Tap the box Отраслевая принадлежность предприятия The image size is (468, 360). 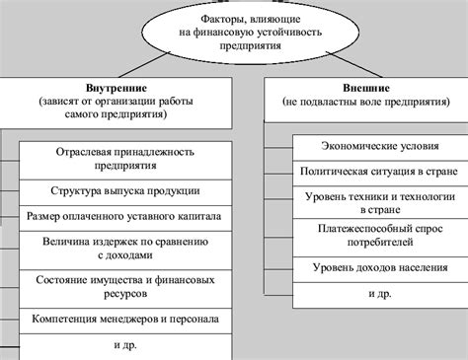(x=124, y=160)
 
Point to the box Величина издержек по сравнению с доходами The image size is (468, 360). (x=124, y=247)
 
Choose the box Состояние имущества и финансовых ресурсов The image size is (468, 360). (x=124, y=285)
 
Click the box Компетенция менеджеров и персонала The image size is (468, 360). (x=124, y=320)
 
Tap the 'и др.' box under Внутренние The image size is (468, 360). (x=124, y=345)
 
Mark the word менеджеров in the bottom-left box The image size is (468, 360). (x=133, y=320)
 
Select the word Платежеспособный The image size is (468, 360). (x=341, y=228)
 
